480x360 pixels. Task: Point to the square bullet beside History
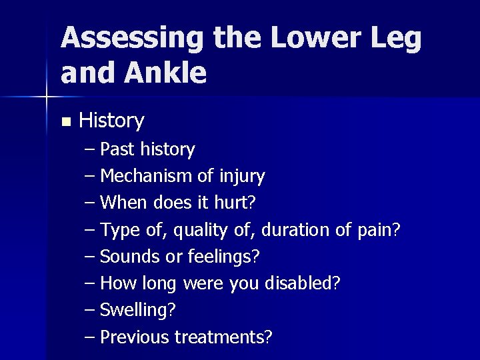[65, 122]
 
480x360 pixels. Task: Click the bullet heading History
[111, 121]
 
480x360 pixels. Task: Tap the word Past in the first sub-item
[117, 149]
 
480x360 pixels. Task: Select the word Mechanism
[146, 176]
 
